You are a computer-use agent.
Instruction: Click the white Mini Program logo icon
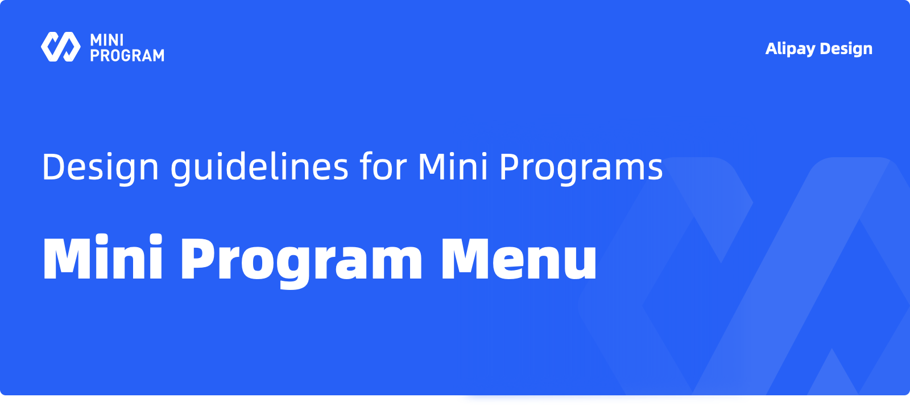(x=60, y=47)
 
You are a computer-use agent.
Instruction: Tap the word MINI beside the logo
(x=107, y=40)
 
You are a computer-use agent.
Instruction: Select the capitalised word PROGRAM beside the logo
(x=127, y=55)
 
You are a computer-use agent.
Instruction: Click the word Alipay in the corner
(x=790, y=49)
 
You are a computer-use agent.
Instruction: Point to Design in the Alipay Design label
(x=846, y=49)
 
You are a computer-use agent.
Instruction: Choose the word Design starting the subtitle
(x=100, y=167)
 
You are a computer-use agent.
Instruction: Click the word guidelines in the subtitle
(x=259, y=167)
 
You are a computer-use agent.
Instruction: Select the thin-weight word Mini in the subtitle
(x=453, y=166)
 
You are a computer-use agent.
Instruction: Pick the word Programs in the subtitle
(x=581, y=167)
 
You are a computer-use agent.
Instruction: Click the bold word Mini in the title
(x=103, y=257)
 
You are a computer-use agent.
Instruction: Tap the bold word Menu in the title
(x=519, y=258)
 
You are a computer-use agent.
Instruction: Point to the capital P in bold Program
(x=199, y=258)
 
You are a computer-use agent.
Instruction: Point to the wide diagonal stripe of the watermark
(x=792, y=277)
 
